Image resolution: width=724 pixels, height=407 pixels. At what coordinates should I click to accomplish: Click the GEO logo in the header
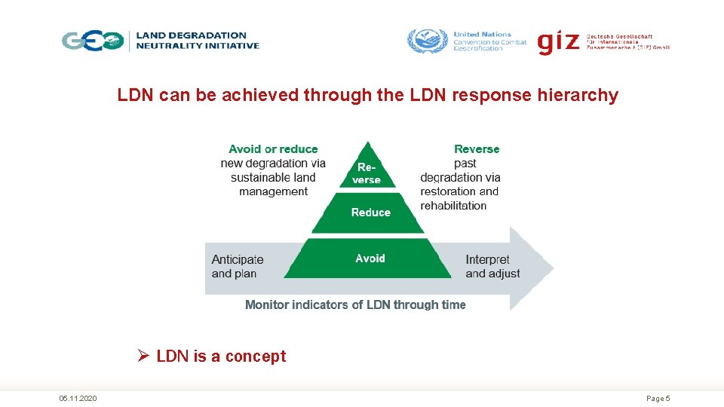click(x=93, y=40)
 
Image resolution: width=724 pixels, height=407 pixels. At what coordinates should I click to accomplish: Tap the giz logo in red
click(x=558, y=41)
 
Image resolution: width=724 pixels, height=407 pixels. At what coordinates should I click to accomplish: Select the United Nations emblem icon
click(x=427, y=40)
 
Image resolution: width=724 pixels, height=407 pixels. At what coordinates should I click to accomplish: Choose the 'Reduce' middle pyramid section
click(x=370, y=213)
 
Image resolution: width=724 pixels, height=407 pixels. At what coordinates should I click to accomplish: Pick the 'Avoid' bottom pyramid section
click(x=370, y=259)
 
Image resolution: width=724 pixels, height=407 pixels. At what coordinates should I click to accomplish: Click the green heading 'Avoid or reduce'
click(x=273, y=149)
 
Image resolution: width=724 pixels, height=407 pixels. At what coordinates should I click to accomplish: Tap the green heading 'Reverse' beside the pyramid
click(x=477, y=149)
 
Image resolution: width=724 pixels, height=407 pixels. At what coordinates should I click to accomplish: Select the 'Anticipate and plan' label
click(x=238, y=266)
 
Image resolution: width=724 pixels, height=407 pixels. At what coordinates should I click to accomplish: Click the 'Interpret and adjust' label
click(x=492, y=266)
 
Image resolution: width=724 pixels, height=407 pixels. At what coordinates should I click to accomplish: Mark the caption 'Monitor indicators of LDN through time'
click(x=355, y=304)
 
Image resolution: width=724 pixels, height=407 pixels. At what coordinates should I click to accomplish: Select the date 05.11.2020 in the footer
click(x=78, y=398)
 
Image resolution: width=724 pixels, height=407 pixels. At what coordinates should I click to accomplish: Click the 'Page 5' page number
click(x=658, y=398)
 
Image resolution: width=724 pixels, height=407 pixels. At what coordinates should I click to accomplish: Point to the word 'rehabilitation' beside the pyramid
click(x=453, y=206)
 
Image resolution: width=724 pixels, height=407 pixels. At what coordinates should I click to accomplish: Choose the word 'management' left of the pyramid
click(x=273, y=191)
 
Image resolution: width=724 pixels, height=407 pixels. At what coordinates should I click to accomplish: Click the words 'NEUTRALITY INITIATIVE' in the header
click(x=198, y=45)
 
